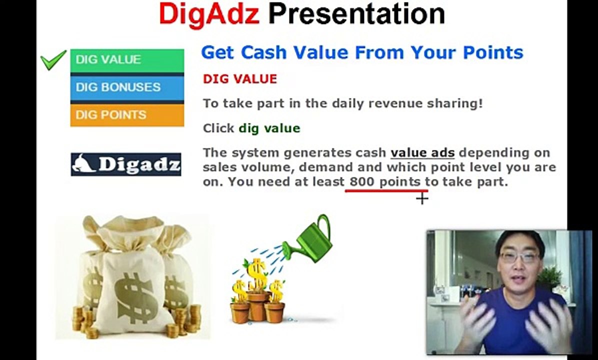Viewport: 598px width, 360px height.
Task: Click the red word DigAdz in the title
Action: click(x=209, y=14)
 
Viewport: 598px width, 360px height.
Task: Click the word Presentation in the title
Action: click(x=356, y=13)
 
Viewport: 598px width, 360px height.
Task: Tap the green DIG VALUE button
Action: click(x=127, y=60)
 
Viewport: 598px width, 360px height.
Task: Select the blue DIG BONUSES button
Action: click(x=127, y=87)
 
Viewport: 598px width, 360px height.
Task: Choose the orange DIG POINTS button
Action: click(x=127, y=115)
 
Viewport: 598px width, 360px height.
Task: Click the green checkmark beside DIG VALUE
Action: click(x=53, y=60)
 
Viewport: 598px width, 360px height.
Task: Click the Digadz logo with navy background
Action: click(x=126, y=164)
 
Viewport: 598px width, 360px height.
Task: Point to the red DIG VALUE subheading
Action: click(x=240, y=79)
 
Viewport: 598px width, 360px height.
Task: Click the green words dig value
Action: click(x=269, y=128)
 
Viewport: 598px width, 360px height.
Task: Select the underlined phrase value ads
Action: click(x=422, y=152)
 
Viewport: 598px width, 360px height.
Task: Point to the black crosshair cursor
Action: click(x=422, y=198)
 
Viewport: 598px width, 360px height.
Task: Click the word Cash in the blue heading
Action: click(x=263, y=52)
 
